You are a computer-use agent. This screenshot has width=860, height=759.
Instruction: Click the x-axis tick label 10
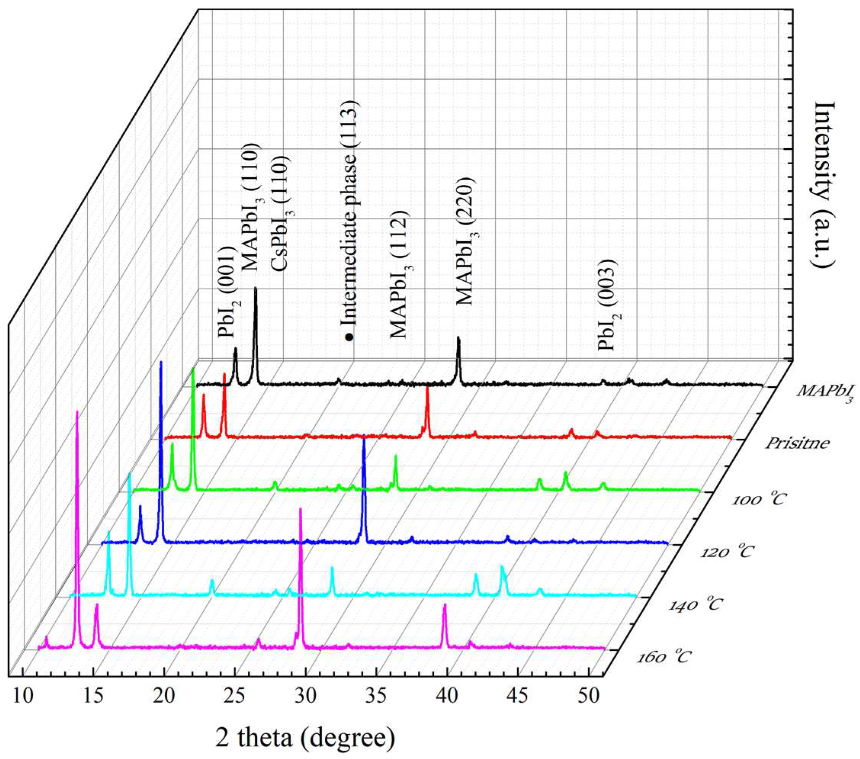coord(23,697)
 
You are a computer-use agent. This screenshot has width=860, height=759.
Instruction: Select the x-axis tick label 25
coord(235,697)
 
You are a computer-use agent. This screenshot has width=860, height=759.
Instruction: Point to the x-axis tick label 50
coord(589,697)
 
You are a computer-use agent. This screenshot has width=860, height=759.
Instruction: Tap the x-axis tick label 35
coord(376,697)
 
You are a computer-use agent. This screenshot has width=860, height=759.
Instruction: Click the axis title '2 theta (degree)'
coord(305,740)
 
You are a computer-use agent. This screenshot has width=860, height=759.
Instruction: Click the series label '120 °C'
coord(726,552)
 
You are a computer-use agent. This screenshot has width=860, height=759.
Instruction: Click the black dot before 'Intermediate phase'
coord(349,337)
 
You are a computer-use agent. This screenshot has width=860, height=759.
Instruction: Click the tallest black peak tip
coord(255,289)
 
